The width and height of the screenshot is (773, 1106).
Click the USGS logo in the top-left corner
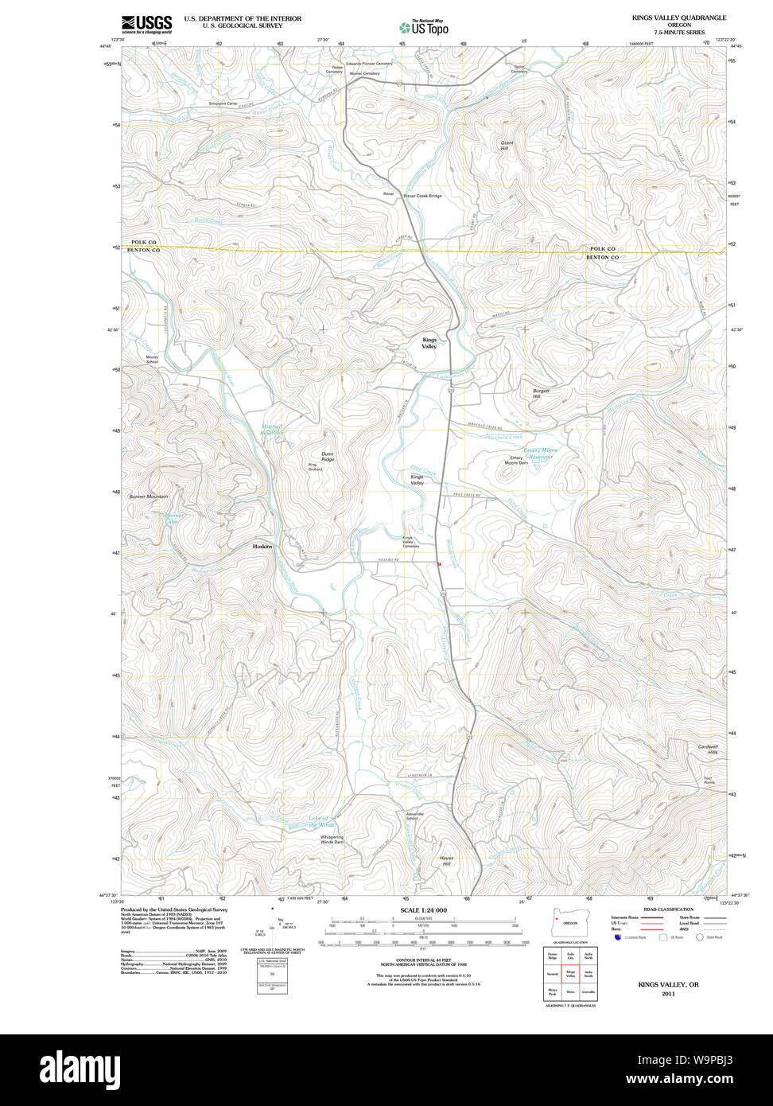(146, 24)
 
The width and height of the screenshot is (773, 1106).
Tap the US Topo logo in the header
(423, 27)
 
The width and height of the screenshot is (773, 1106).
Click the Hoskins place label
(262, 547)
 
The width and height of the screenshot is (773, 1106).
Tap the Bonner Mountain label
(149, 497)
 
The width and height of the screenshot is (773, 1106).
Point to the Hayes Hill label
(445, 861)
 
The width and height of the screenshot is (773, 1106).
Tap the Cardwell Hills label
(708, 749)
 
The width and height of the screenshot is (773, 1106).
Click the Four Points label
(709, 780)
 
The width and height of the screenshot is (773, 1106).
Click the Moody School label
(152, 359)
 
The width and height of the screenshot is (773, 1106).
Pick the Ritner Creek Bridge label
(422, 196)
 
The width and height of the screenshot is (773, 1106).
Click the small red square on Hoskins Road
(438, 563)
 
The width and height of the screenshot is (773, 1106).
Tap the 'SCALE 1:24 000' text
(423, 909)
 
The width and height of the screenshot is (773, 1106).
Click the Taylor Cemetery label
(519, 69)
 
